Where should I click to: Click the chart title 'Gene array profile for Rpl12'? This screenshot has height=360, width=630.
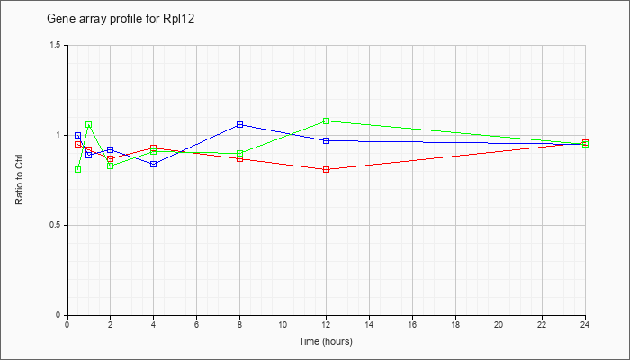[x=121, y=19]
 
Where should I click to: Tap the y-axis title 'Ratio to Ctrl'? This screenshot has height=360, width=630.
[x=19, y=180]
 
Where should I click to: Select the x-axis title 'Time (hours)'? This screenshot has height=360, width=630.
[x=326, y=341]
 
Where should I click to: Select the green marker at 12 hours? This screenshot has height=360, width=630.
[x=326, y=121]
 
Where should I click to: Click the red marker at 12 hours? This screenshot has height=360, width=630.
[x=326, y=169]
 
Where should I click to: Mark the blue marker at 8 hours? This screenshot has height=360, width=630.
[x=240, y=124]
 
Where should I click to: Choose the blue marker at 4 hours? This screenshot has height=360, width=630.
[x=154, y=164]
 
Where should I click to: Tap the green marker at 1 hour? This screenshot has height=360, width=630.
[x=89, y=124]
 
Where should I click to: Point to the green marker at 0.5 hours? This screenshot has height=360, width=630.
[x=78, y=169]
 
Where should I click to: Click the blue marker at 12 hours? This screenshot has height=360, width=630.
[x=326, y=140]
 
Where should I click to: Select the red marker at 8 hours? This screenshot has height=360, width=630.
[x=240, y=158]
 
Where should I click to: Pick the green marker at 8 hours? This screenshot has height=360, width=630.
[x=240, y=154]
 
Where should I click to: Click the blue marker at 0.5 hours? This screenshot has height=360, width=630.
[x=78, y=135]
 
